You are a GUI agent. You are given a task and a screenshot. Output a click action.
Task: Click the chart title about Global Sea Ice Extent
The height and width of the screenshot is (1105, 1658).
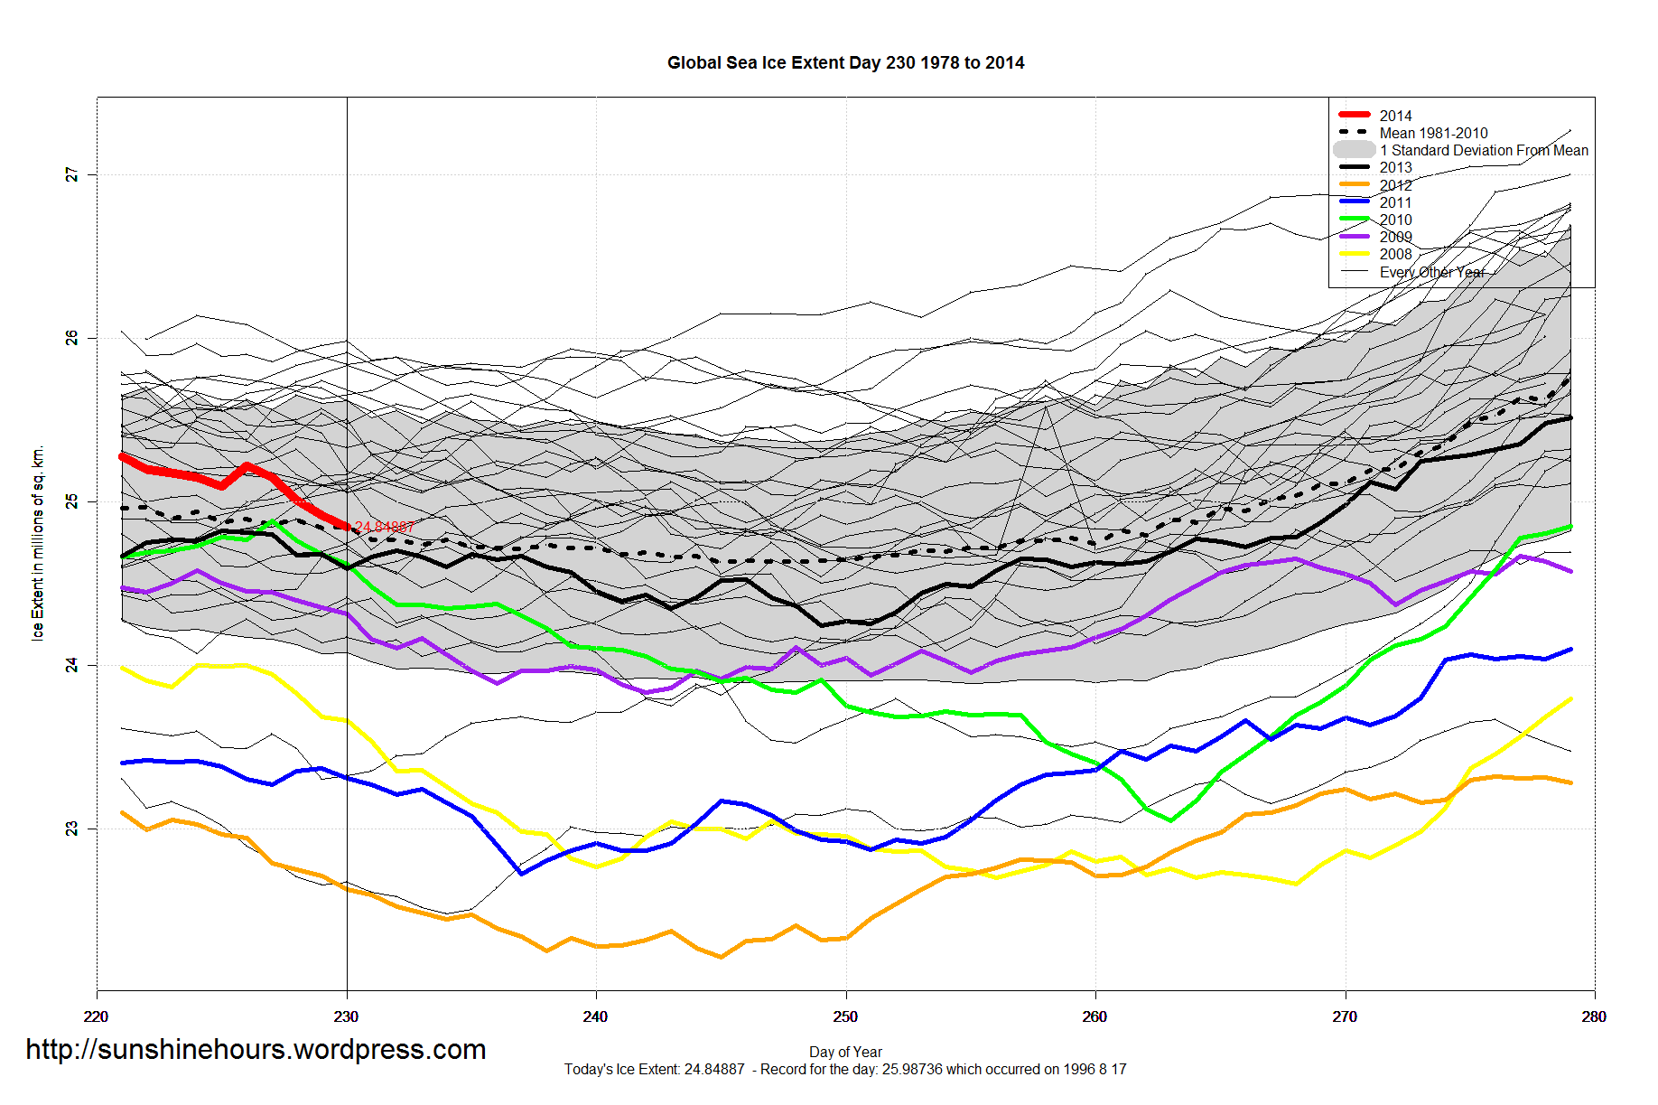point(845,63)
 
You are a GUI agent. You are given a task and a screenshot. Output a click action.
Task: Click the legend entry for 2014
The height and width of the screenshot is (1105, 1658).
point(1395,116)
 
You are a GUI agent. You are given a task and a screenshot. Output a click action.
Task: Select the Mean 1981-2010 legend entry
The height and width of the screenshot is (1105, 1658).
point(1433,133)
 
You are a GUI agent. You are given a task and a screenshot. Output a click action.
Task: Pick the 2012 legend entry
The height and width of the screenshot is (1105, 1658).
point(1395,185)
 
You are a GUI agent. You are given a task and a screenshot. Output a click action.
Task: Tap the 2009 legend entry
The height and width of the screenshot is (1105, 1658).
point(1395,237)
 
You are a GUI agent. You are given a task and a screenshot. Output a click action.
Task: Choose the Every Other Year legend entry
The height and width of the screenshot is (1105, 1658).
point(1431,272)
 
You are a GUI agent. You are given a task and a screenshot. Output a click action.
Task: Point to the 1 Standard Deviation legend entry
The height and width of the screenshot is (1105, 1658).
point(1483,150)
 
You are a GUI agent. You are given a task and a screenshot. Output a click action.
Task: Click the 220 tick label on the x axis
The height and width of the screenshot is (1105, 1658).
point(96,1016)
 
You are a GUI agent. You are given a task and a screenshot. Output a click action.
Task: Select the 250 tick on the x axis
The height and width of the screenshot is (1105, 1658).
point(845,1016)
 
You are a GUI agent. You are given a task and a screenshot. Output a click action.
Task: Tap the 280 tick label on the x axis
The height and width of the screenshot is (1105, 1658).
point(1594,1016)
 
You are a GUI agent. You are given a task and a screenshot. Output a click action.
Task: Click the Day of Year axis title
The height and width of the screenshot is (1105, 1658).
point(845,1052)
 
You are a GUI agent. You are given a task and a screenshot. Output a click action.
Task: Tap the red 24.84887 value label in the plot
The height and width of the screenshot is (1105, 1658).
point(385,527)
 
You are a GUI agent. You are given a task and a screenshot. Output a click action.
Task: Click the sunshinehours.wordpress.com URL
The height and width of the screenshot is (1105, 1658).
point(256,1049)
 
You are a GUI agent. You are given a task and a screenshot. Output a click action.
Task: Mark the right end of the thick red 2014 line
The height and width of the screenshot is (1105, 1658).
point(347,527)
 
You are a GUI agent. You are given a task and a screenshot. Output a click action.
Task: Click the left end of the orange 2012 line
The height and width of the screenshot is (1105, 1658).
point(123,813)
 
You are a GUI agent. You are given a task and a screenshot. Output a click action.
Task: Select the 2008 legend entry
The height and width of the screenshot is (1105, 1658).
point(1395,254)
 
